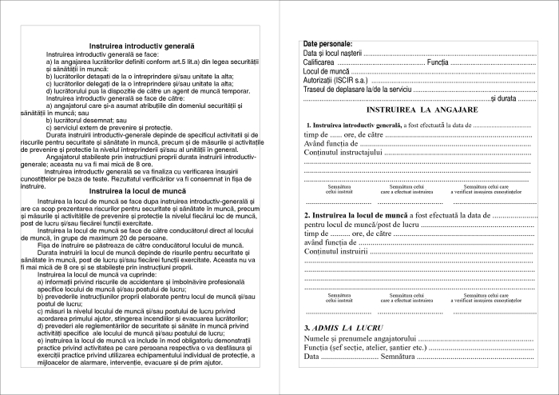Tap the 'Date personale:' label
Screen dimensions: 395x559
click(x=328, y=43)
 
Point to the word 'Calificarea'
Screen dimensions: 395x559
click(x=319, y=62)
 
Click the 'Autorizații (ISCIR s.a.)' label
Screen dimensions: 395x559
click(x=336, y=81)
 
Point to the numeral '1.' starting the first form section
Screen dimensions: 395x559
click(x=309, y=126)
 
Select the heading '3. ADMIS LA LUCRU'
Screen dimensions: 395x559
click(x=344, y=329)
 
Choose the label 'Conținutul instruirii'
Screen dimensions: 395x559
click(x=336, y=253)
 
